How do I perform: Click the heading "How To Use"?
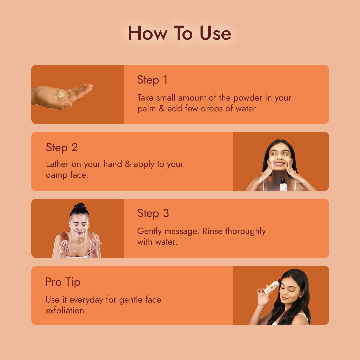pyautogui.click(x=179, y=33)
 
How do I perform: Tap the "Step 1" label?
pyautogui.click(x=152, y=80)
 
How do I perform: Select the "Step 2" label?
pyautogui.click(x=62, y=147)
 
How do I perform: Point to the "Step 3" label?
pyautogui.click(x=153, y=213)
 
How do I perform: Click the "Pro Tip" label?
pyautogui.click(x=63, y=282)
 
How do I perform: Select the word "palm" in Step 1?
pyautogui.click(x=147, y=109)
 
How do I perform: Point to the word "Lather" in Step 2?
pyautogui.click(x=57, y=164)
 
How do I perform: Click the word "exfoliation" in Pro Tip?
pyautogui.click(x=65, y=310)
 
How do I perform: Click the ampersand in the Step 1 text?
pyautogui.click(x=162, y=109)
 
